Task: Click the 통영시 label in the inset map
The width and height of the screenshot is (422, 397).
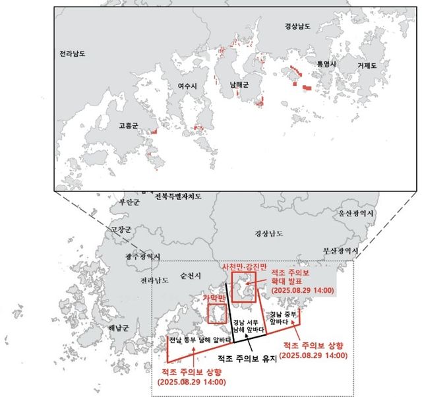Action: pyautogui.click(x=326, y=64)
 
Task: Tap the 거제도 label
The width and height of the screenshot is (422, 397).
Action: pyautogui.click(x=367, y=66)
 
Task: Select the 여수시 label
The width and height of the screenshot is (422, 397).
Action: pyautogui.click(x=188, y=86)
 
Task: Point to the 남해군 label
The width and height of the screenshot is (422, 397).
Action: pyautogui.click(x=239, y=85)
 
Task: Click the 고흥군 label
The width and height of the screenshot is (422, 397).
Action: pyautogui.click(x=129, y=124)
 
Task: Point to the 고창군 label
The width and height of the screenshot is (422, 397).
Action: pyautogui.click(x=121, y=229)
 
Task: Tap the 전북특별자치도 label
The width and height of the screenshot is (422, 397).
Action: pyautogui.click(x=178, y=197)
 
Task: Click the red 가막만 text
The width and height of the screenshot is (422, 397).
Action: pyautogui.click(x=214, y=299)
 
